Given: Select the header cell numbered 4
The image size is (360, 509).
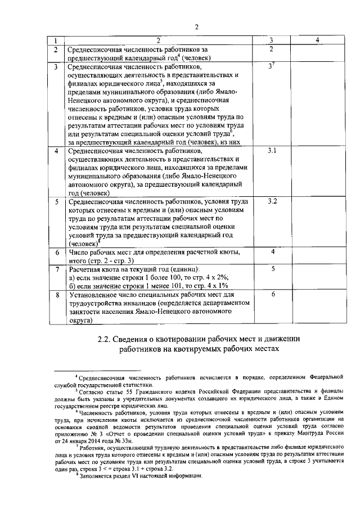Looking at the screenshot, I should tap(318, 40).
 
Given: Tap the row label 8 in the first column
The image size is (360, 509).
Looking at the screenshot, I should tap(56, 295).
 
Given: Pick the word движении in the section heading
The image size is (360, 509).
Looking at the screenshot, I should tap(280, 339).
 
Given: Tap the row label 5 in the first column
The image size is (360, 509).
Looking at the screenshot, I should tap(56, 201).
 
